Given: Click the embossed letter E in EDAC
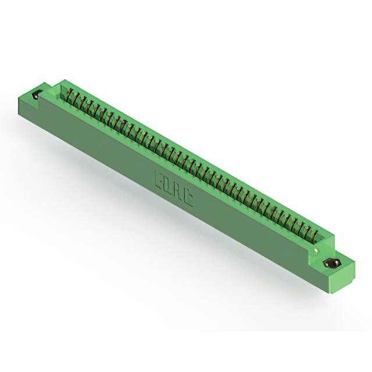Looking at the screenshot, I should point(159,178).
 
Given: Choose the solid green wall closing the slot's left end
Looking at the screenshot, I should point(59,86).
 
